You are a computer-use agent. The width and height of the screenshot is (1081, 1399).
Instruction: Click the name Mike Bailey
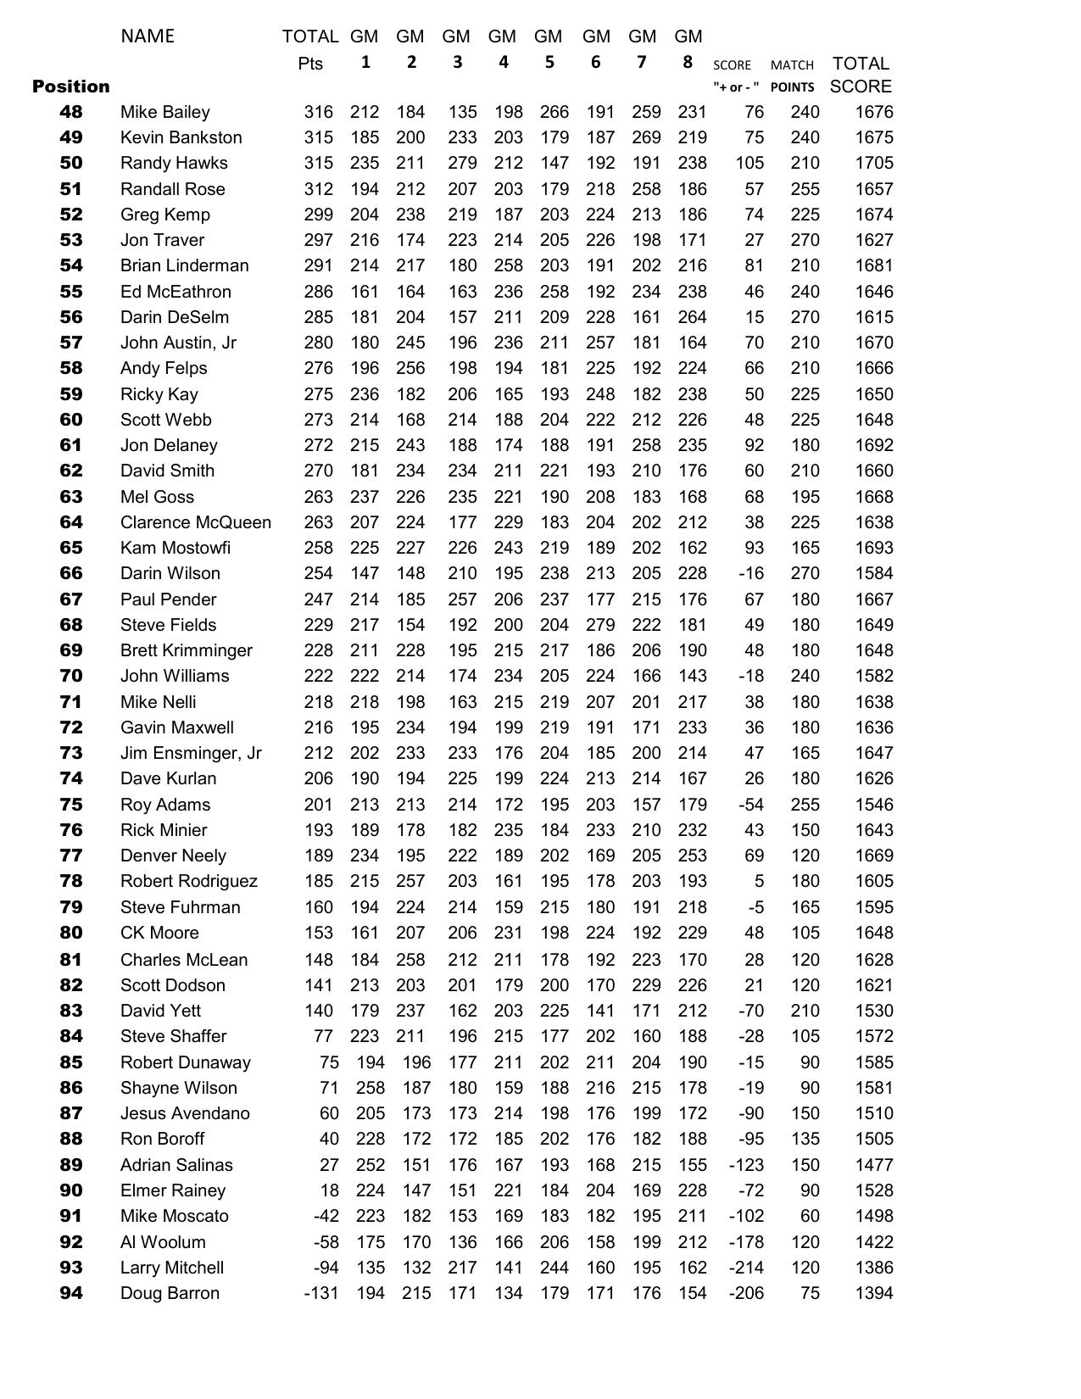(x=164, y=112)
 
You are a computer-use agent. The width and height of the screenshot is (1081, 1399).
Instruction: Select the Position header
(x=71, y=86)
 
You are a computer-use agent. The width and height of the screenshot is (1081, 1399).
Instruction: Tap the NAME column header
(x=148, y=36)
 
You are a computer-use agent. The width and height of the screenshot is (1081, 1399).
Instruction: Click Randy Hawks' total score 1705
(x=873, y=163)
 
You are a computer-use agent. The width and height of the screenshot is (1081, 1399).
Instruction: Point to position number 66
(x=71, y=573)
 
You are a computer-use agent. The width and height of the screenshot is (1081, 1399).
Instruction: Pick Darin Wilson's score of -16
(x=750, y=573)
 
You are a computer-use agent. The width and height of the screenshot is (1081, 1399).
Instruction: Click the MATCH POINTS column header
(x=792, y=75)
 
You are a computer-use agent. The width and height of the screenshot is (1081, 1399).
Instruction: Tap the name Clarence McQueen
(x=195, y=522)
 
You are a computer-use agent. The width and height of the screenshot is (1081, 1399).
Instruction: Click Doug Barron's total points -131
(x=320, y=1293)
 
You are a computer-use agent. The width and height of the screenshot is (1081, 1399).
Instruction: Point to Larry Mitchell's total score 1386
(x=873, y=1268)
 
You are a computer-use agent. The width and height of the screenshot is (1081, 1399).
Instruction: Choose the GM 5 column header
(x=549, y=48)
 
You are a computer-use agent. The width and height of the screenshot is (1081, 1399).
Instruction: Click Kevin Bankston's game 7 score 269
(x=646, y=137)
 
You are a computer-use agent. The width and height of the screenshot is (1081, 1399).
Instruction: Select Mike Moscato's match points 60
(x=809, y=1216)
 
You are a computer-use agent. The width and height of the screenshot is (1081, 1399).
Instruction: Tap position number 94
(x=71, y=1293)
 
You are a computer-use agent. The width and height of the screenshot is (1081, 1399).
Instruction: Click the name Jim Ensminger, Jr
(x=191, y=753)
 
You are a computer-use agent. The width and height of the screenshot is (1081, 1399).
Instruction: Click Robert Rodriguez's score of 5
(x=758, y=881)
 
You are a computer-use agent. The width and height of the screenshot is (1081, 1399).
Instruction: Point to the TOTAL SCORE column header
(x=861, y=75)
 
